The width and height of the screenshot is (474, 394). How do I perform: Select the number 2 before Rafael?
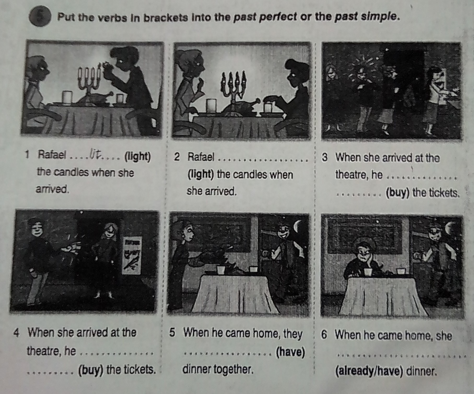click(177, 157)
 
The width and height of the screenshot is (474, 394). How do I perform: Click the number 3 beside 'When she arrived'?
click(325, 158)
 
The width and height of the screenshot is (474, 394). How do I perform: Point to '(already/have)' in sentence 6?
click(368, 371)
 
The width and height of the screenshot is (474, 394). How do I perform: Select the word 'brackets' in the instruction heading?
click(166, 18)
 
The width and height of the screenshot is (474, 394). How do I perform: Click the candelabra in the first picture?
click(89, 78)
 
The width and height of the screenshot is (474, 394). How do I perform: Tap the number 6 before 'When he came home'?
click(324, 335)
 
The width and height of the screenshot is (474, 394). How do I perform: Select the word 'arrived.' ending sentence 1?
click(52, 189)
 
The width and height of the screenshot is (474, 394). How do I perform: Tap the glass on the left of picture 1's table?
click(67, 97)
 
